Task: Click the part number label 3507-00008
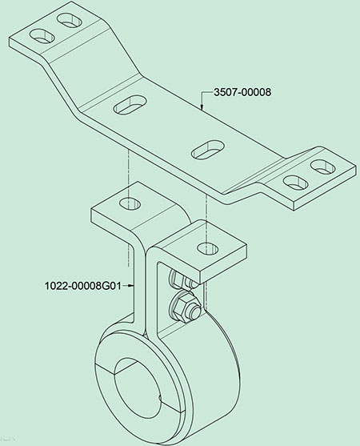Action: (242, 92)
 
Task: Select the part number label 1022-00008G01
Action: (82, 285)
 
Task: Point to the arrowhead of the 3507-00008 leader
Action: (202, 107)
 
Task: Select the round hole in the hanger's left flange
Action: (130, 203)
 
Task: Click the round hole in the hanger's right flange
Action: (208, 248)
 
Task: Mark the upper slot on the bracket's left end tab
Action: (70, 21)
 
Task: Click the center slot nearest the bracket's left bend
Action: (130, 104)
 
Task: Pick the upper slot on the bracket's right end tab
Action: (323, 167)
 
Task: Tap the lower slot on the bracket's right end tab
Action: (296, 182)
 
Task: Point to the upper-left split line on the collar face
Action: (105, 367)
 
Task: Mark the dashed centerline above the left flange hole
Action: (129, 174)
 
